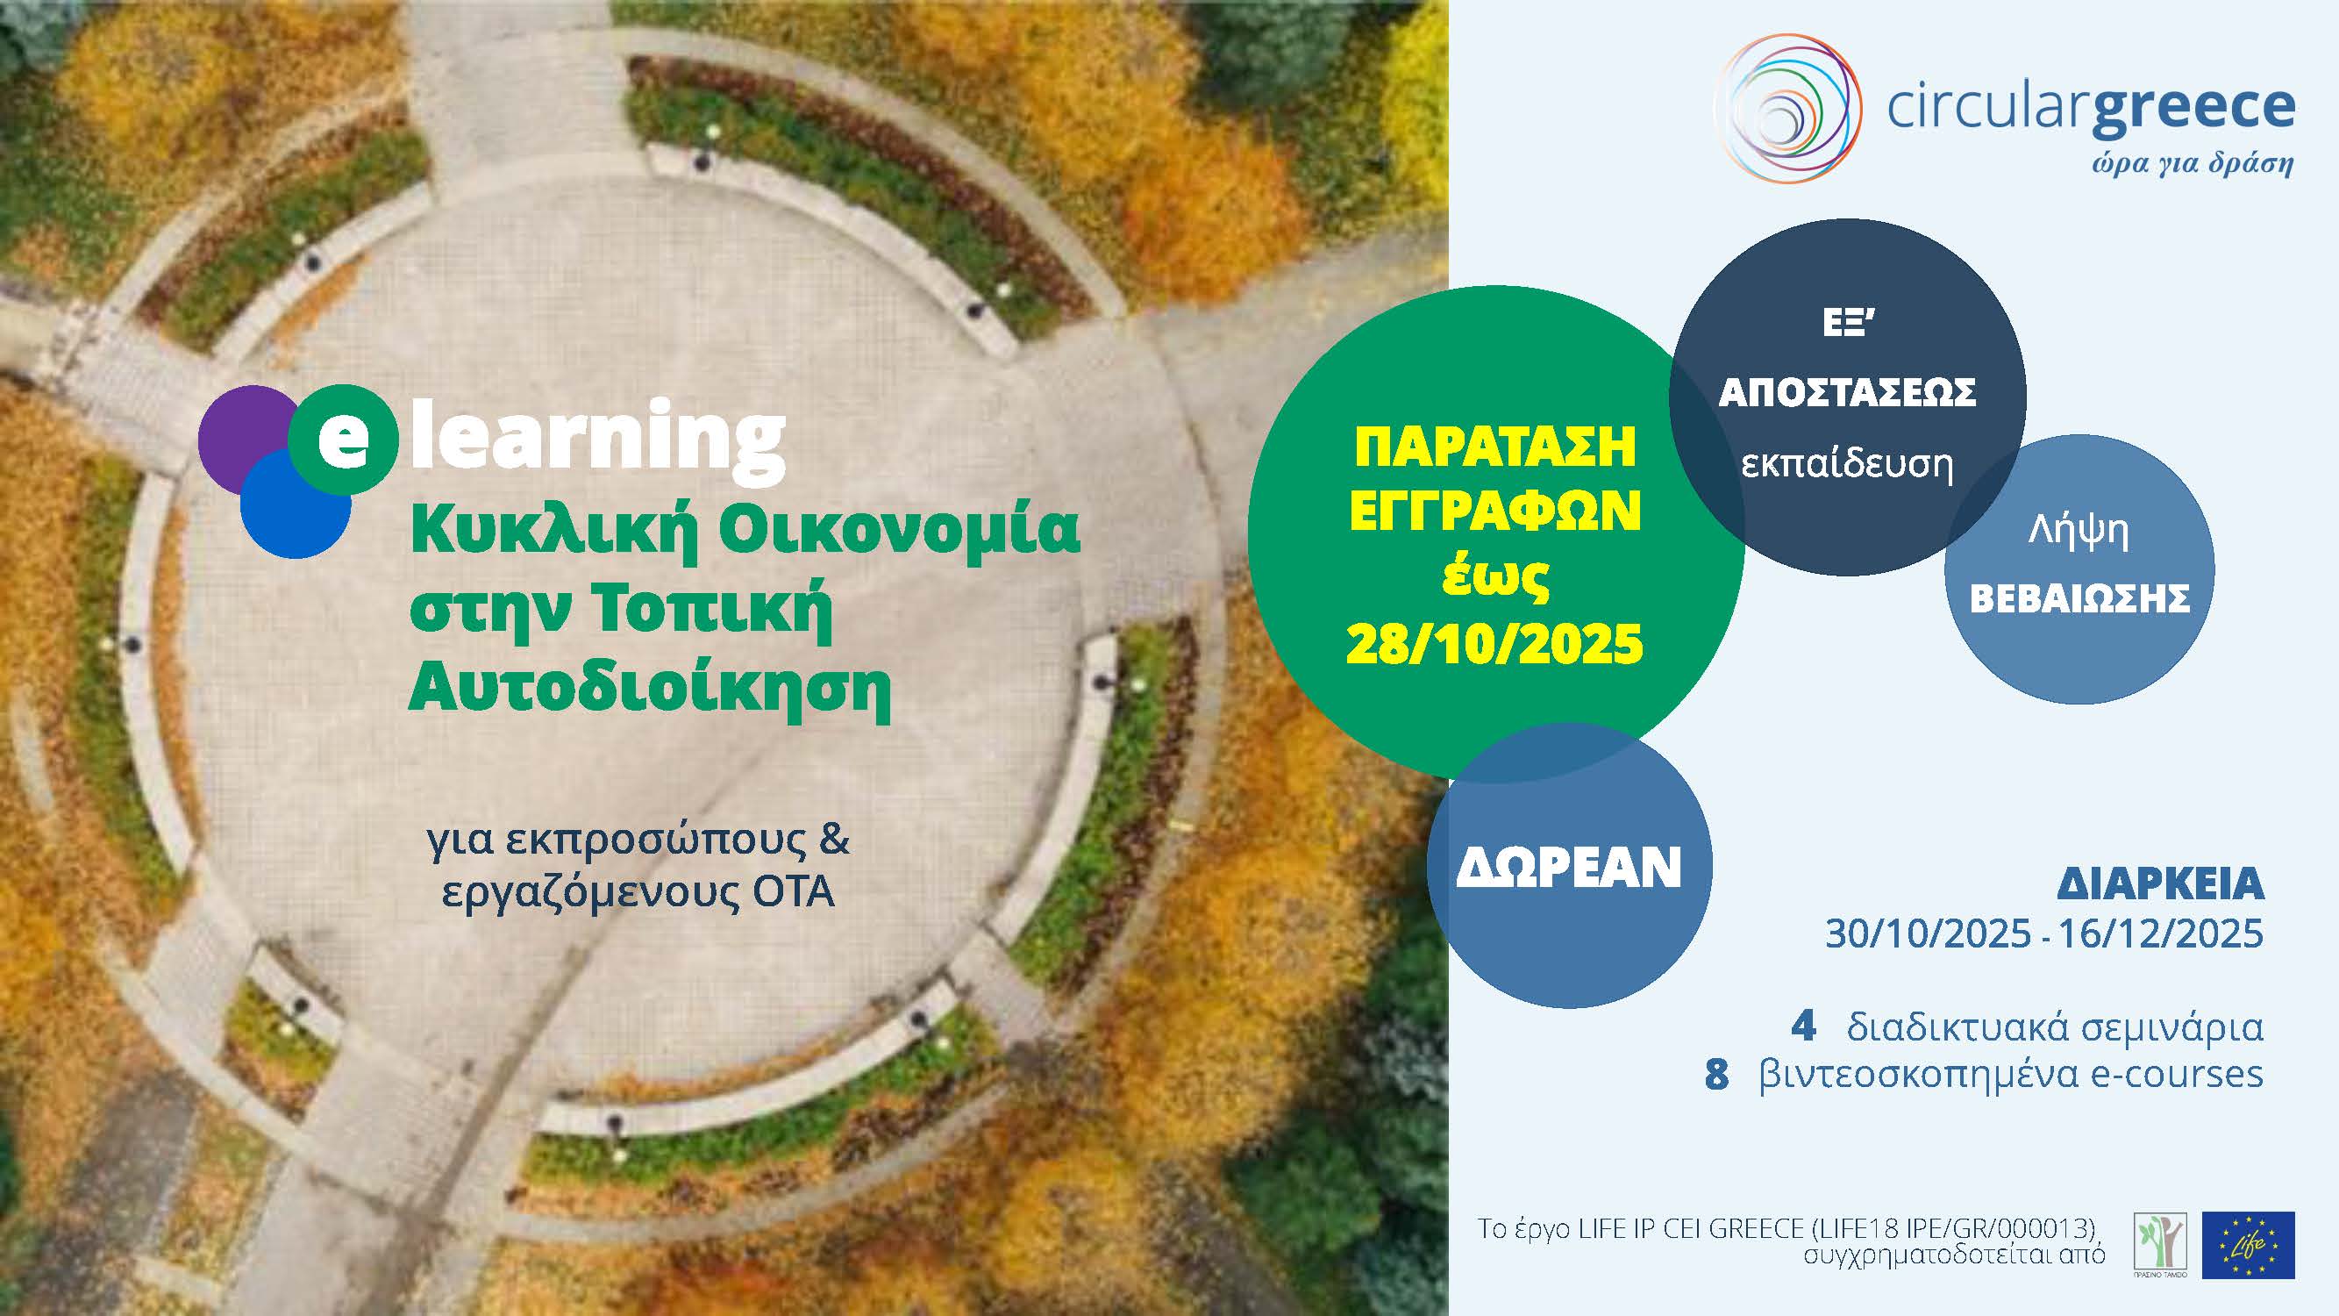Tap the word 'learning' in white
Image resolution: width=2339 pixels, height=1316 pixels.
pos(599,441)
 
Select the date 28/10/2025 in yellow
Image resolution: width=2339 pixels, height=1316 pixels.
pos(1494,645)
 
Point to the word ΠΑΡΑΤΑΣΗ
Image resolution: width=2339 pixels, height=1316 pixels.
pos(1494,447)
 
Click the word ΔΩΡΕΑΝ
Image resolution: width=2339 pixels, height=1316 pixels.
pos(1569,868)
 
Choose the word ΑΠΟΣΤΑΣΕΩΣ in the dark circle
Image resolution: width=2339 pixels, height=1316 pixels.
pos(1848,392)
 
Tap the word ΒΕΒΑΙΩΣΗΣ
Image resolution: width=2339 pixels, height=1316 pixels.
pos(2079,598)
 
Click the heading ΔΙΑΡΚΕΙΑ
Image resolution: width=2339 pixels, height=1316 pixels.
pos(2160,883)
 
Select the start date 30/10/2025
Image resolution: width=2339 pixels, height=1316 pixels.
pos(1928,933)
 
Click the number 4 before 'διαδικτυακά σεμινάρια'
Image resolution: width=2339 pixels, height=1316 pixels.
pos(1803,1026)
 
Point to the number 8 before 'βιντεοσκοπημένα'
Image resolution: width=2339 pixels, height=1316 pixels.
pos(1716,1075)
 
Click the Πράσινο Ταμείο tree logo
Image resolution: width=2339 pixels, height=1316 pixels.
pos(2160,1245)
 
